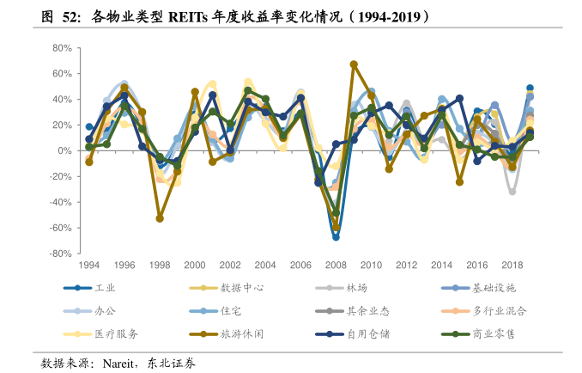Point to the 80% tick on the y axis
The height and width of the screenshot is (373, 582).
(60, 48)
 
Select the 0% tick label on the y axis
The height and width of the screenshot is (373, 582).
(64, 151)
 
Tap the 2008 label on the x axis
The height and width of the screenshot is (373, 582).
(335, 265)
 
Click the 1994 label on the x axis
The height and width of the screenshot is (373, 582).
(89, 265)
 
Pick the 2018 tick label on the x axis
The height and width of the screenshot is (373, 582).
(512, 265)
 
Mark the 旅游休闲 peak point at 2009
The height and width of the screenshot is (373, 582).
(354, 64)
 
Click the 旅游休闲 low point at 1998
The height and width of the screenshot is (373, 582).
(160, 218)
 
